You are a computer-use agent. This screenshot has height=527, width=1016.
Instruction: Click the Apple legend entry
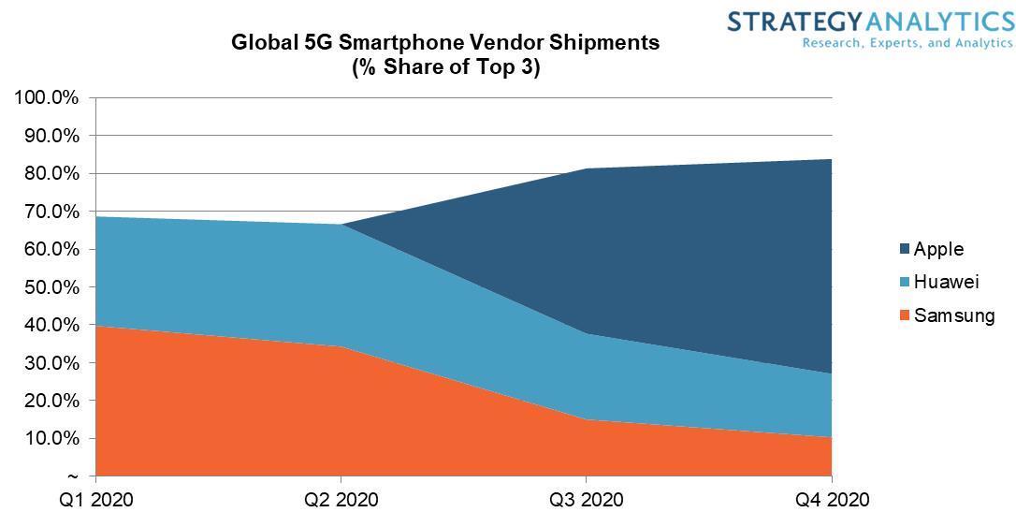(938, 249)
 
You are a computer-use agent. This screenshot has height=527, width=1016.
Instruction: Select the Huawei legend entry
(946, 282)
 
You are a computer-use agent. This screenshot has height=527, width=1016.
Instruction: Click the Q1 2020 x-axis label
(96, 500)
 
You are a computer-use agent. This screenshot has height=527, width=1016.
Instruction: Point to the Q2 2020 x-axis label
(341, 500)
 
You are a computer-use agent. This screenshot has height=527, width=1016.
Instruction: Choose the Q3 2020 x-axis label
(587, 500)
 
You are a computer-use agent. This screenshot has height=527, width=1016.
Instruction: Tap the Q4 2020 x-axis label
(832, 500)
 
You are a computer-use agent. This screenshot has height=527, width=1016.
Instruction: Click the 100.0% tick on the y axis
(47, 98)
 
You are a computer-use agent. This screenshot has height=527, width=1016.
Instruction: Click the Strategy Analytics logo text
(870, 22)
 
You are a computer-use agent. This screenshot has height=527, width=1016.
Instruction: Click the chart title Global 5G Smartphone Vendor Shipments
(445, 42)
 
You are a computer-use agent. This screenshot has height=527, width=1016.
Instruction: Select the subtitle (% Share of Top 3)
(445, 67)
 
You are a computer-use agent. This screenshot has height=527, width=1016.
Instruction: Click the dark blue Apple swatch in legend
(905, 250)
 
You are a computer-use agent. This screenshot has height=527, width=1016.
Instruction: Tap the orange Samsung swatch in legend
(905, 316)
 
